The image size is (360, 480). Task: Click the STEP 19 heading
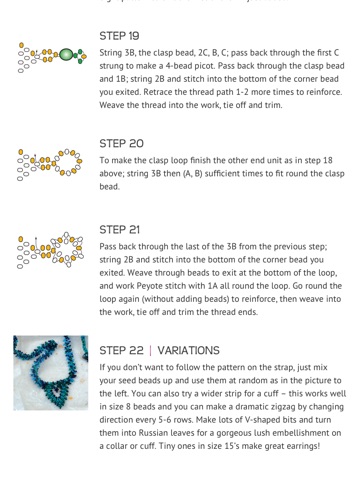[119, 36]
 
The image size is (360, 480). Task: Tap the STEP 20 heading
[121, 144]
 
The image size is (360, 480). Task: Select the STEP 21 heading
[119, 230]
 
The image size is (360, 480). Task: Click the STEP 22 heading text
[121, 350]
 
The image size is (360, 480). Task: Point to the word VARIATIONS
[188, 350]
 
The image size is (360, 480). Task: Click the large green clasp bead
[66, 54]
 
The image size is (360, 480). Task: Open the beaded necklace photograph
[51, 373]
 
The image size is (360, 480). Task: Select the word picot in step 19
[204, 66]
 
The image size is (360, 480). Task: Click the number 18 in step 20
[328, 160]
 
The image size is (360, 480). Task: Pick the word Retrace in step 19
[155, 92]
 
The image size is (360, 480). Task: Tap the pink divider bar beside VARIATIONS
[150, 350]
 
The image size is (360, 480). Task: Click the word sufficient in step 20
[223, 173]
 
